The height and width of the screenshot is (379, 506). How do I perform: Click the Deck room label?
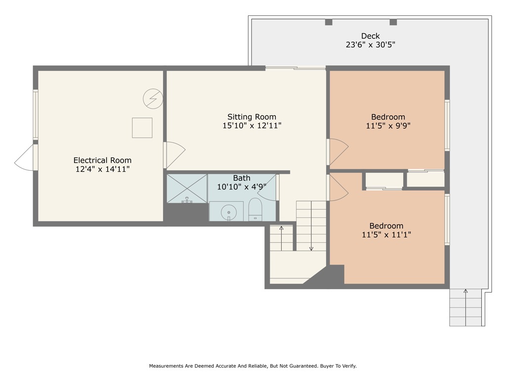click(x=370, y=36)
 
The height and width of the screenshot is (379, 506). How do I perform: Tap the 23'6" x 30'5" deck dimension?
click(x=370, y=44)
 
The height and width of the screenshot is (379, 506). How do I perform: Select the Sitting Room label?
click(x=252, y=117)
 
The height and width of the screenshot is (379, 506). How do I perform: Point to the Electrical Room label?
click(x=102, y=160)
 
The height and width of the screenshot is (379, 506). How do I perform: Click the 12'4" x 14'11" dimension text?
click(x=102, y=169)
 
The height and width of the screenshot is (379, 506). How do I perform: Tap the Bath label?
click(x=242, y=178)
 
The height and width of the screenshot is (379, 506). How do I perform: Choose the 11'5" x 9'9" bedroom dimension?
click(x=388, y=125)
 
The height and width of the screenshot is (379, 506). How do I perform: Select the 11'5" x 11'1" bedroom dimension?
click(x=386, y=235)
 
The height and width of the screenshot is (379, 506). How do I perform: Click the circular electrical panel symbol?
click(x=153, y=99)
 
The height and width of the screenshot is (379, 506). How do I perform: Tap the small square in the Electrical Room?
click(x=142, y=128)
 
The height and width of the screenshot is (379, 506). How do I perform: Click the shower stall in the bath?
click(x=187, y=188)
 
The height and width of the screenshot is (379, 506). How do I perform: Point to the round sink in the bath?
click(x=229, y=212)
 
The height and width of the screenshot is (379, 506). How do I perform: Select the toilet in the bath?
click(x=255, y=210)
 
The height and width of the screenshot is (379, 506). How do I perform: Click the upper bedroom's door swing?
click(x=338, y=151)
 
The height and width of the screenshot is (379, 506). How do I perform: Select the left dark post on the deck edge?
click(x=329, y=22)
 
